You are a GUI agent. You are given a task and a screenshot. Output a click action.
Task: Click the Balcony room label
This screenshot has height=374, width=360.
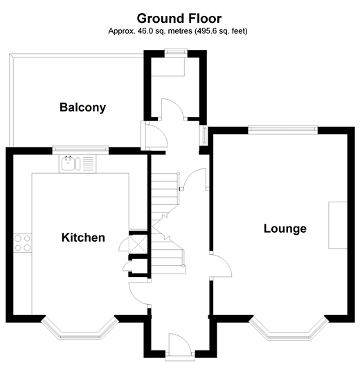82,107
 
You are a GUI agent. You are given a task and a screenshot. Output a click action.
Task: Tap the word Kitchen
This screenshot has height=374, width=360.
84,238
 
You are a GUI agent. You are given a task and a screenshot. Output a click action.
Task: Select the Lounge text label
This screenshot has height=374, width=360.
285,229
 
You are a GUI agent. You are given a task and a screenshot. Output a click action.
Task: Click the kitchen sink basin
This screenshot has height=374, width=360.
69,163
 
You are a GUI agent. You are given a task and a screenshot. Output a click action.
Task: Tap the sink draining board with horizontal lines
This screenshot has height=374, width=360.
88,163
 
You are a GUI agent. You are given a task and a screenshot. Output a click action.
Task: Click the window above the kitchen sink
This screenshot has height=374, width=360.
80,149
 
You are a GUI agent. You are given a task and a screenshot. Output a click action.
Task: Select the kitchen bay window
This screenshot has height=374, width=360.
78,330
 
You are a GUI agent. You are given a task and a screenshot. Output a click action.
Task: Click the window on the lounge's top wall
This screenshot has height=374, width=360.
282,129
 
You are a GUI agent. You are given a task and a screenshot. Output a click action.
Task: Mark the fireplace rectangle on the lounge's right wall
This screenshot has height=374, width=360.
338,224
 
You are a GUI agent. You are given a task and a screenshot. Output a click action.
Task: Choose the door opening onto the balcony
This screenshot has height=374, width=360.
154,134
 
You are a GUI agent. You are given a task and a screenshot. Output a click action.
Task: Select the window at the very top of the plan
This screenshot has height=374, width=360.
175,52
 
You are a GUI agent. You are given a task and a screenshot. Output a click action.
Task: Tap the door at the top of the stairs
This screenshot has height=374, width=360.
195,179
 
